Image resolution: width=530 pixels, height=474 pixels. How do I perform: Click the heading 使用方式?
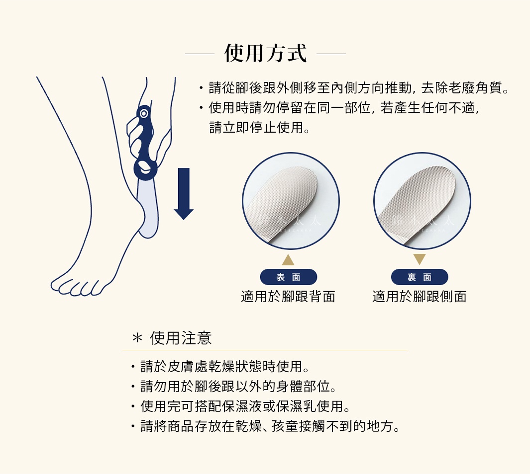click(265, 53)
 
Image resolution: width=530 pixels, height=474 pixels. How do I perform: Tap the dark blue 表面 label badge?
click(288, 277)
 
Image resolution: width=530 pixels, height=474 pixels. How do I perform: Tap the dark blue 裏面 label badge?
click(420, 277)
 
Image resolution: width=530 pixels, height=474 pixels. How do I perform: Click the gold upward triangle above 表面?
click(288, 260)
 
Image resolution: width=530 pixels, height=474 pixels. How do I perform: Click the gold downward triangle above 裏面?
click(420, 259)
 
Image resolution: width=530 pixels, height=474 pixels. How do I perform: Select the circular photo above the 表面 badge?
click(291, 201)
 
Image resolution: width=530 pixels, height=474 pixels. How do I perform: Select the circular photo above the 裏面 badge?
click(422, 201)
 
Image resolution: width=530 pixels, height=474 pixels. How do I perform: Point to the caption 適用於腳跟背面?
click(288, 297)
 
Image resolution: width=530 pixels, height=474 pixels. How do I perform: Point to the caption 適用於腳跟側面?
click(420, 297)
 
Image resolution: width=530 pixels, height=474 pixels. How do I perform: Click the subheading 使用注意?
click(181, 338)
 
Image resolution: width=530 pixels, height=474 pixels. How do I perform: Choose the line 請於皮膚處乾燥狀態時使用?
click(225, 367)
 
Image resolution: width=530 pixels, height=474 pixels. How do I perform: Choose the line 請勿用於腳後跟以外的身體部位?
click(239, 387)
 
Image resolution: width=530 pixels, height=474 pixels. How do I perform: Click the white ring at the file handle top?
click(144, 113)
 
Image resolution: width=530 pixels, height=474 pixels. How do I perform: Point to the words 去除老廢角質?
click(464, 89)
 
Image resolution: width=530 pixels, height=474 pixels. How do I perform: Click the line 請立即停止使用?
click(260, 128)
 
